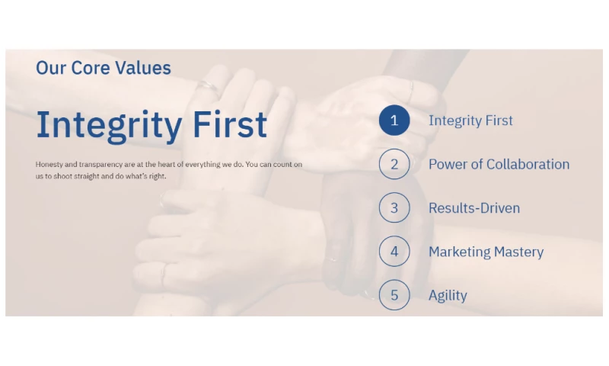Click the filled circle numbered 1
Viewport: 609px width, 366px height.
394,120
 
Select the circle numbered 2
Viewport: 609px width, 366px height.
379,164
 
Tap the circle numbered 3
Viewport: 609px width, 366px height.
379,207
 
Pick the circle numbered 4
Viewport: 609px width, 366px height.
379,252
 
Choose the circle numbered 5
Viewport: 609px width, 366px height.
379,295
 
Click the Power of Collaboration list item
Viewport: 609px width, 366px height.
499,164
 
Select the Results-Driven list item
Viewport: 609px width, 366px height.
474,208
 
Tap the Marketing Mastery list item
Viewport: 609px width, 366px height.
486,252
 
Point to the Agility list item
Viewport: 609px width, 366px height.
448,296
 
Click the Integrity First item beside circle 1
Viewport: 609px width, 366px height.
470,120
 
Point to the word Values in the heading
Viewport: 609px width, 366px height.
143,68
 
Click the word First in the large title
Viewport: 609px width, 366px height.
230,124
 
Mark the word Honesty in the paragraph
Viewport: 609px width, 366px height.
49,165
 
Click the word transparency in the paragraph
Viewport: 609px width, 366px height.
101,165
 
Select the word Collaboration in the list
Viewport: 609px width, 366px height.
528,164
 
